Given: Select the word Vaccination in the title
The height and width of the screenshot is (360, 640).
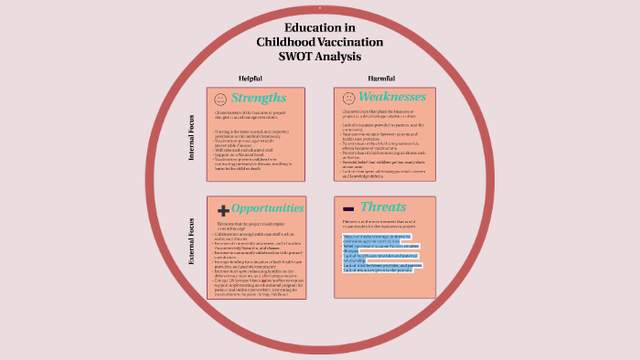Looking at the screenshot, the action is click(352, 42).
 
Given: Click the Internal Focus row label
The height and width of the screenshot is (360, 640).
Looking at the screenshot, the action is click(191, 137).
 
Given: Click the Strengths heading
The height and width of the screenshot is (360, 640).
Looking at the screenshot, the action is click(259, 98).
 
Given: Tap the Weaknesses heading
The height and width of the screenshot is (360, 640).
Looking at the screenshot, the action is click(392, 97).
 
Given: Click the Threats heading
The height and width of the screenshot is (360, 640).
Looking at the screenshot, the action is click(384, 207).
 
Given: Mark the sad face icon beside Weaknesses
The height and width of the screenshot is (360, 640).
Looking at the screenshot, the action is click(348, 98).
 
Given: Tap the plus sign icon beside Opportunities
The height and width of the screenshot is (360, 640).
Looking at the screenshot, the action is click(222, 209).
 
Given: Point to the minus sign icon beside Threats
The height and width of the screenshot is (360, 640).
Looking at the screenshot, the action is click(348, 208).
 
